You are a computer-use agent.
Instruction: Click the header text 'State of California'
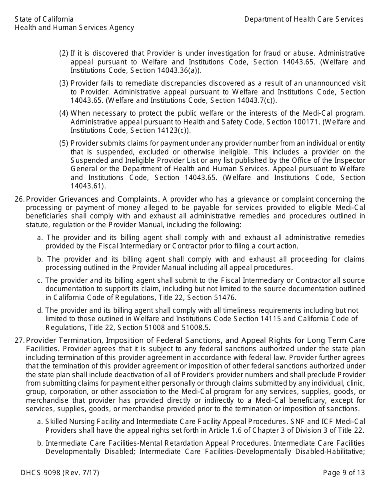pos(44,19)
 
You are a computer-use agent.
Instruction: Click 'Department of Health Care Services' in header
pos(304,19)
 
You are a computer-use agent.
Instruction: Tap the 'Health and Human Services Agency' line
pos(74,28)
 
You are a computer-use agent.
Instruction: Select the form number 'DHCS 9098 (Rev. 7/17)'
pos(60,473)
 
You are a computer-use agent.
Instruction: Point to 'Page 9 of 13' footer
pos(344,473)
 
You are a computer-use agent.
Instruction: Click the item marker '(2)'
pos(64,53)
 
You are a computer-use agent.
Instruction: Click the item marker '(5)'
pos(64,143)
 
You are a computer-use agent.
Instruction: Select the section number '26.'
pos(20,199)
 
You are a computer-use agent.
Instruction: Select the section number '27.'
pos(20,340)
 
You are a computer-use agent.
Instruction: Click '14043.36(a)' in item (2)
pos(180,70)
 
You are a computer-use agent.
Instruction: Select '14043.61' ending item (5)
pos(86,186)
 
